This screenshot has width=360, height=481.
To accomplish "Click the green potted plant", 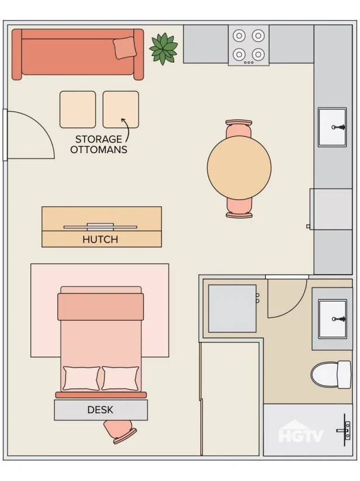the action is tap(164, 49).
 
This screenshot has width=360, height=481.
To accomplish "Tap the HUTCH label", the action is tap(101, 239).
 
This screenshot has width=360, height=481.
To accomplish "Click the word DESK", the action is tap(101, 410).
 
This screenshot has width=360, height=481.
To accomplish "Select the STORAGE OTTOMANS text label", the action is tap(99, 144).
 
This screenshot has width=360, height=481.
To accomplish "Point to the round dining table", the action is tap(239, 168).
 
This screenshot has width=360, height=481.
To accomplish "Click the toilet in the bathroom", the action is tap(331, 375).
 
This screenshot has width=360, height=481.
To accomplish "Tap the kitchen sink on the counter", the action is tap(332, 127).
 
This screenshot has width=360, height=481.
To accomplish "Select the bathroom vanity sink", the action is tap(333, 319).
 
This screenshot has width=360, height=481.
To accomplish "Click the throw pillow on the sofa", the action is tap(125, 47).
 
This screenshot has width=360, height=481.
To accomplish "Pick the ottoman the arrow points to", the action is tap(121, 109).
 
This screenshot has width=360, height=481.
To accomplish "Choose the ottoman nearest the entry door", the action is tap(78, 109).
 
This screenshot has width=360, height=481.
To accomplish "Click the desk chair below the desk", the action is tap(120, 431).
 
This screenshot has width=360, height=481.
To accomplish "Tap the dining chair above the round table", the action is tap(239, 129).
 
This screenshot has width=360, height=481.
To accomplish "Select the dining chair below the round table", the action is tap(239, 208).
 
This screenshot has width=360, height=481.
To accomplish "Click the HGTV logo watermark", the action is tap(301, 431).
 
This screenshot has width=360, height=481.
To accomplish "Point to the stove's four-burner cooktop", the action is tap(249, 46).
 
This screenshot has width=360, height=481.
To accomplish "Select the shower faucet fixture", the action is tap(344, 430).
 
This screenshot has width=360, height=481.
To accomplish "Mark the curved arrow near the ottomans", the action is tap(127, 129).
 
